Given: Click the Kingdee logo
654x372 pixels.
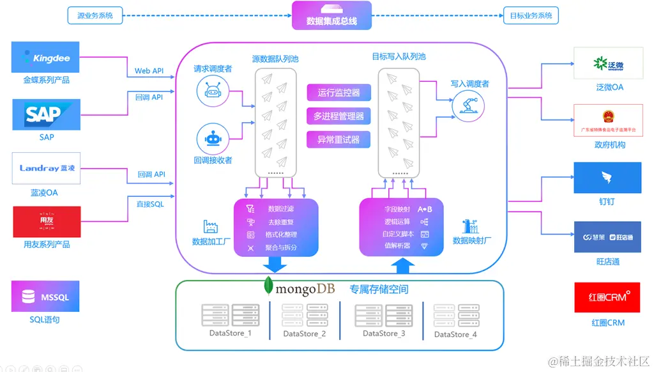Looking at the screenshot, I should point(45,58).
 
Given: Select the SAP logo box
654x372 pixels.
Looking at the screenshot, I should point(46,114).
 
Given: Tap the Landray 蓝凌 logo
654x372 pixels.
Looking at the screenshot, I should point(46,169).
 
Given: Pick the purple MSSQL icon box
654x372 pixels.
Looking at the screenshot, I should point(45,297).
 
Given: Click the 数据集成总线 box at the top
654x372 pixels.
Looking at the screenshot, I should point(331,15).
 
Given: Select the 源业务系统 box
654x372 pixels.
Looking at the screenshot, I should point(95,15).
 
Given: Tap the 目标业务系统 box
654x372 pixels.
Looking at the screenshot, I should point(531,15).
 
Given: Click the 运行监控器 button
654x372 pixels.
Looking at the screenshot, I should point(338,93).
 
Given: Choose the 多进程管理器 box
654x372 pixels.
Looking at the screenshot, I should point(338,116).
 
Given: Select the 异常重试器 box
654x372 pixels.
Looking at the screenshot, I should point(338,139).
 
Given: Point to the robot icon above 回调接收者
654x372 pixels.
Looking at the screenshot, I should point(213,139).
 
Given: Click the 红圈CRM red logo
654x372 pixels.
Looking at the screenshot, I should point(607,297).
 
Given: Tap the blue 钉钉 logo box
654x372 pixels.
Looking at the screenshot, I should point(607,178).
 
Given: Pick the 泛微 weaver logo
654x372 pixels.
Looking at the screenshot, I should point(607,63).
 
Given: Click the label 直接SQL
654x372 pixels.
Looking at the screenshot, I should point(149,204).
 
